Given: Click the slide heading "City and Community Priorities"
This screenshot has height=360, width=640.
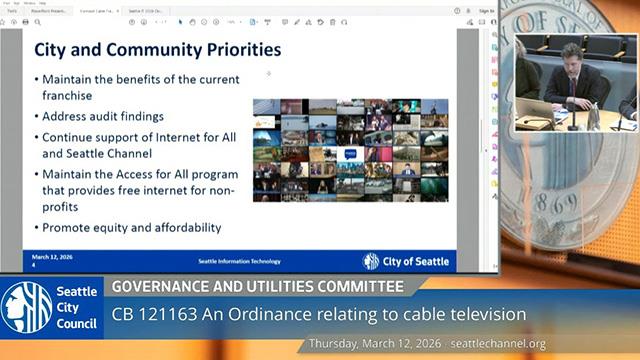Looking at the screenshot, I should (x=157, y=49).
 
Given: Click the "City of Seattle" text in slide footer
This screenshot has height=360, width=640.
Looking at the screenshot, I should (x=416, y=261).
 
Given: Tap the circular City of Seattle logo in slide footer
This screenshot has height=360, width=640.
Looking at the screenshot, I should (x=371, y=261).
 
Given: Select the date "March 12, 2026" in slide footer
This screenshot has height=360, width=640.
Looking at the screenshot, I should (x=51, y=256).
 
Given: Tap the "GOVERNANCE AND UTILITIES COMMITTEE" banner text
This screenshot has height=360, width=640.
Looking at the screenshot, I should (x=257, y=287).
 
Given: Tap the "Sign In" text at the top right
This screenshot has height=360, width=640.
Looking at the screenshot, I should (x=486, y=11).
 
